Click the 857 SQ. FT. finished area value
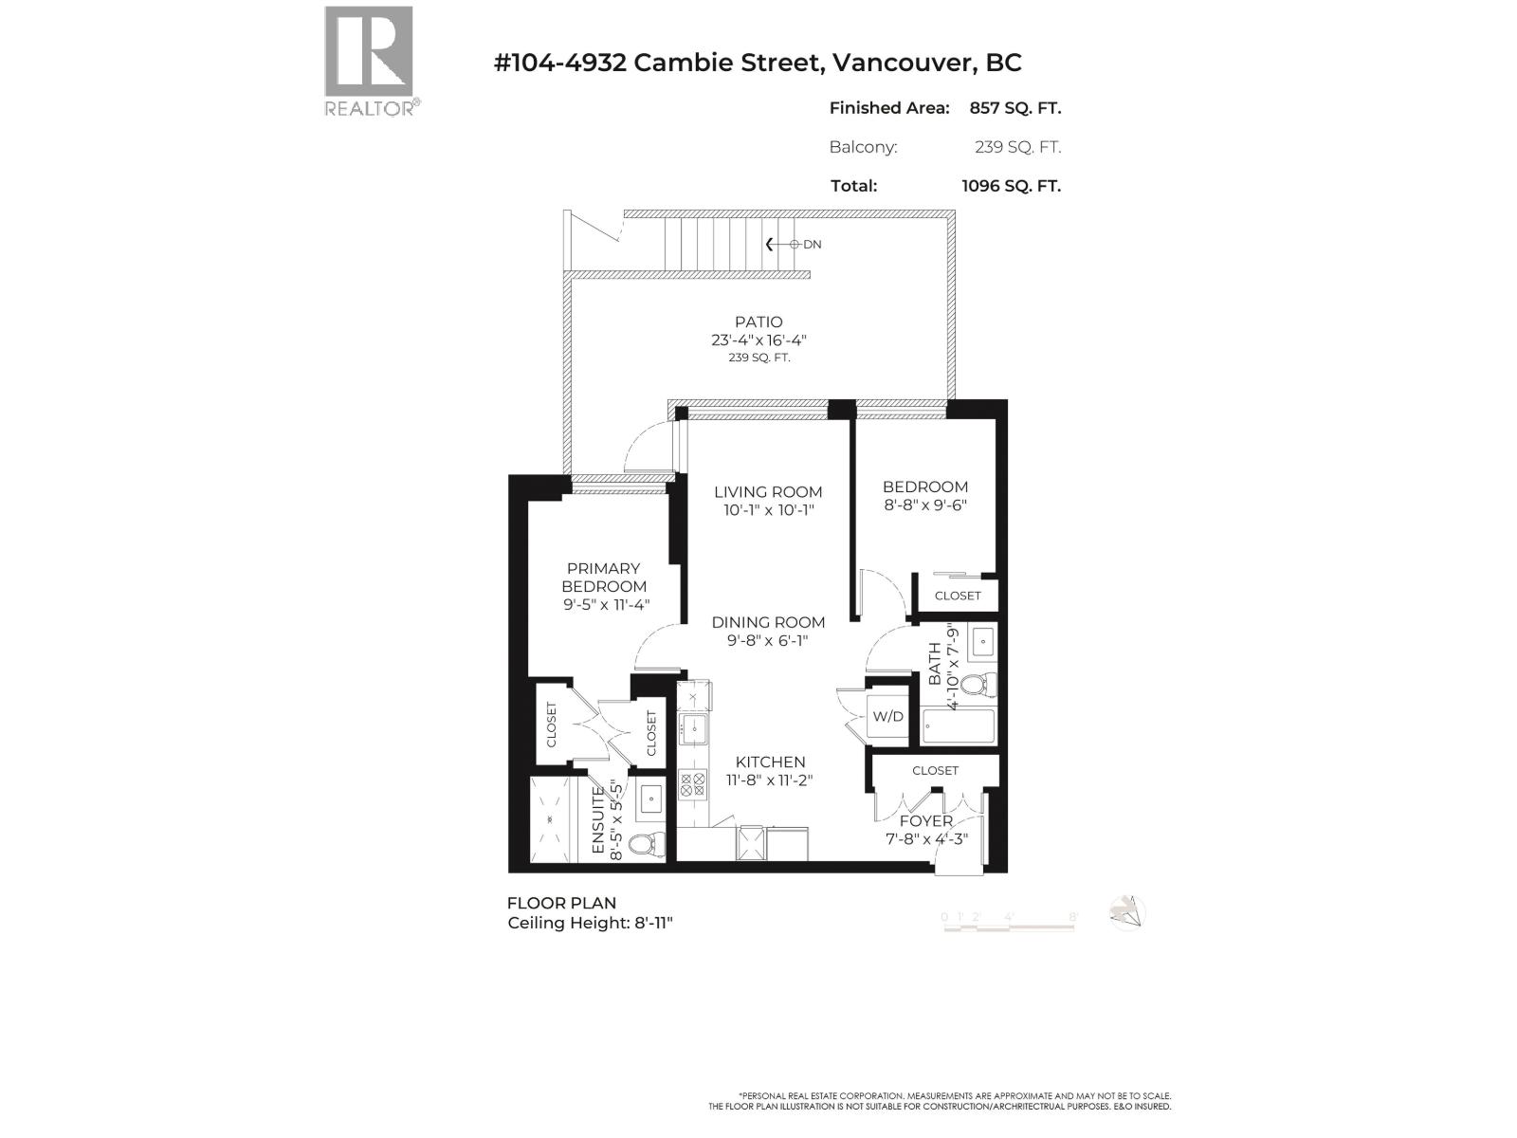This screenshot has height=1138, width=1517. (1014, 108)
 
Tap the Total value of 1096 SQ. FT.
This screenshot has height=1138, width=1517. (1011, 186)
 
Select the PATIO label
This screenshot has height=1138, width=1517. (758, 322)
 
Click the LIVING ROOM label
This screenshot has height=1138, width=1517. (768, 492)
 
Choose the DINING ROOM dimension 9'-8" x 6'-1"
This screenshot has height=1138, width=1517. (768, 641)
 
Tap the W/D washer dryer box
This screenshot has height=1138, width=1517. (888, 717)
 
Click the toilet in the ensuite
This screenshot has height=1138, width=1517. (649, 842)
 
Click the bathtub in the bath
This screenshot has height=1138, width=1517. (959, 728)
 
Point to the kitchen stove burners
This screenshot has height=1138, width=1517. (693, 784)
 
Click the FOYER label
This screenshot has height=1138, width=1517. (926, 821)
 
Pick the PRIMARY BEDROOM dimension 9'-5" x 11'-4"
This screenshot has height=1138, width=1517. (604, 605)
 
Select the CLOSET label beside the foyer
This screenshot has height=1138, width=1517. (936, 771)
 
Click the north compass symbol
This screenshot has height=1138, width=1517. (1127, 913)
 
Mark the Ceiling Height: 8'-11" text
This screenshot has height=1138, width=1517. (590, 924)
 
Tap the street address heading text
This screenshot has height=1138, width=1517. (758, 63)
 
